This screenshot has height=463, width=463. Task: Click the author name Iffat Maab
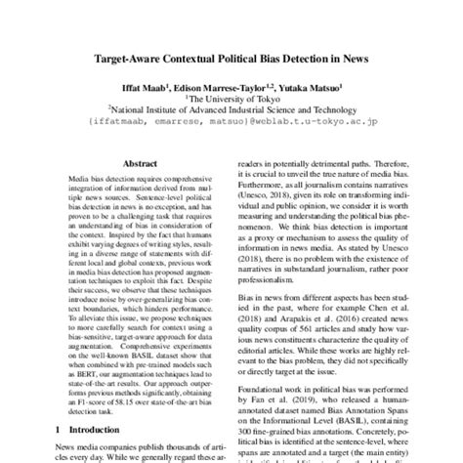144,86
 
